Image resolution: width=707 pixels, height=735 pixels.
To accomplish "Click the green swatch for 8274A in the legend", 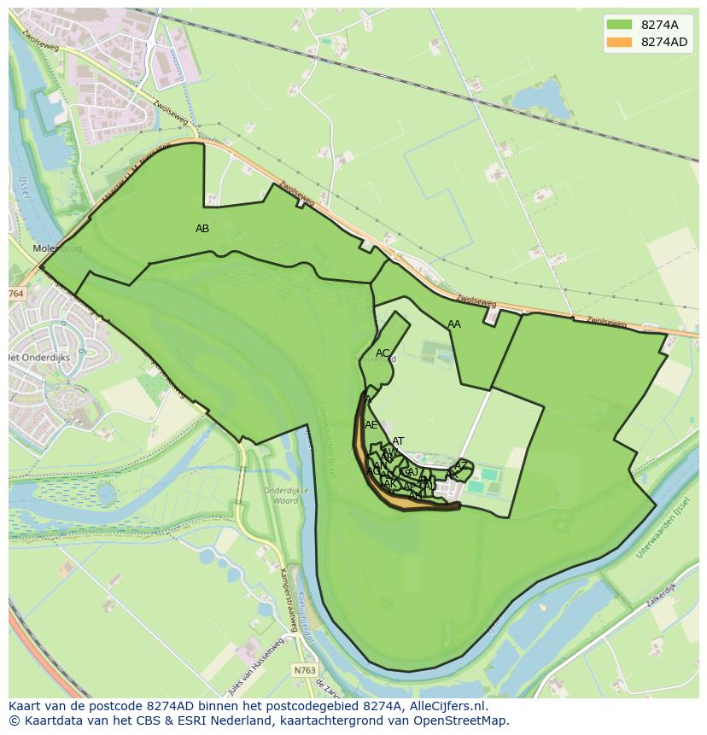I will click(x=619, y=24).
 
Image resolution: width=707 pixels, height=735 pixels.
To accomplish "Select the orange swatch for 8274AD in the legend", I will click(x=619, y=42).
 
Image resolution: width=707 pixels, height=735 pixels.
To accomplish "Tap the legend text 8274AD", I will click(x=664, y=42).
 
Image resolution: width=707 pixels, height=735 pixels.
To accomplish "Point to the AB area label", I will click(x=202, y=229).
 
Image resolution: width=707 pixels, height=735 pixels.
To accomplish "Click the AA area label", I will click(x=454, y=324).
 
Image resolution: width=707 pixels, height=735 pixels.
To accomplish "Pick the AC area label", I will click(x=383, y=353).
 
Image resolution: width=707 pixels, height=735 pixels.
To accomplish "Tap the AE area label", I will click(x=371, y=425).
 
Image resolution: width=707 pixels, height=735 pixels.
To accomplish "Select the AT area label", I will click(x=398, y=441).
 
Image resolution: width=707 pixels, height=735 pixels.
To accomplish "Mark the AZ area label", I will click(x=461, y=465).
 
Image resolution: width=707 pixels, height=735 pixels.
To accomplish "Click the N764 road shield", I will click(x=16, y=294).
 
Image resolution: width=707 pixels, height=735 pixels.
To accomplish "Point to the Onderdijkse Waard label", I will click(x=281, y=496).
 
